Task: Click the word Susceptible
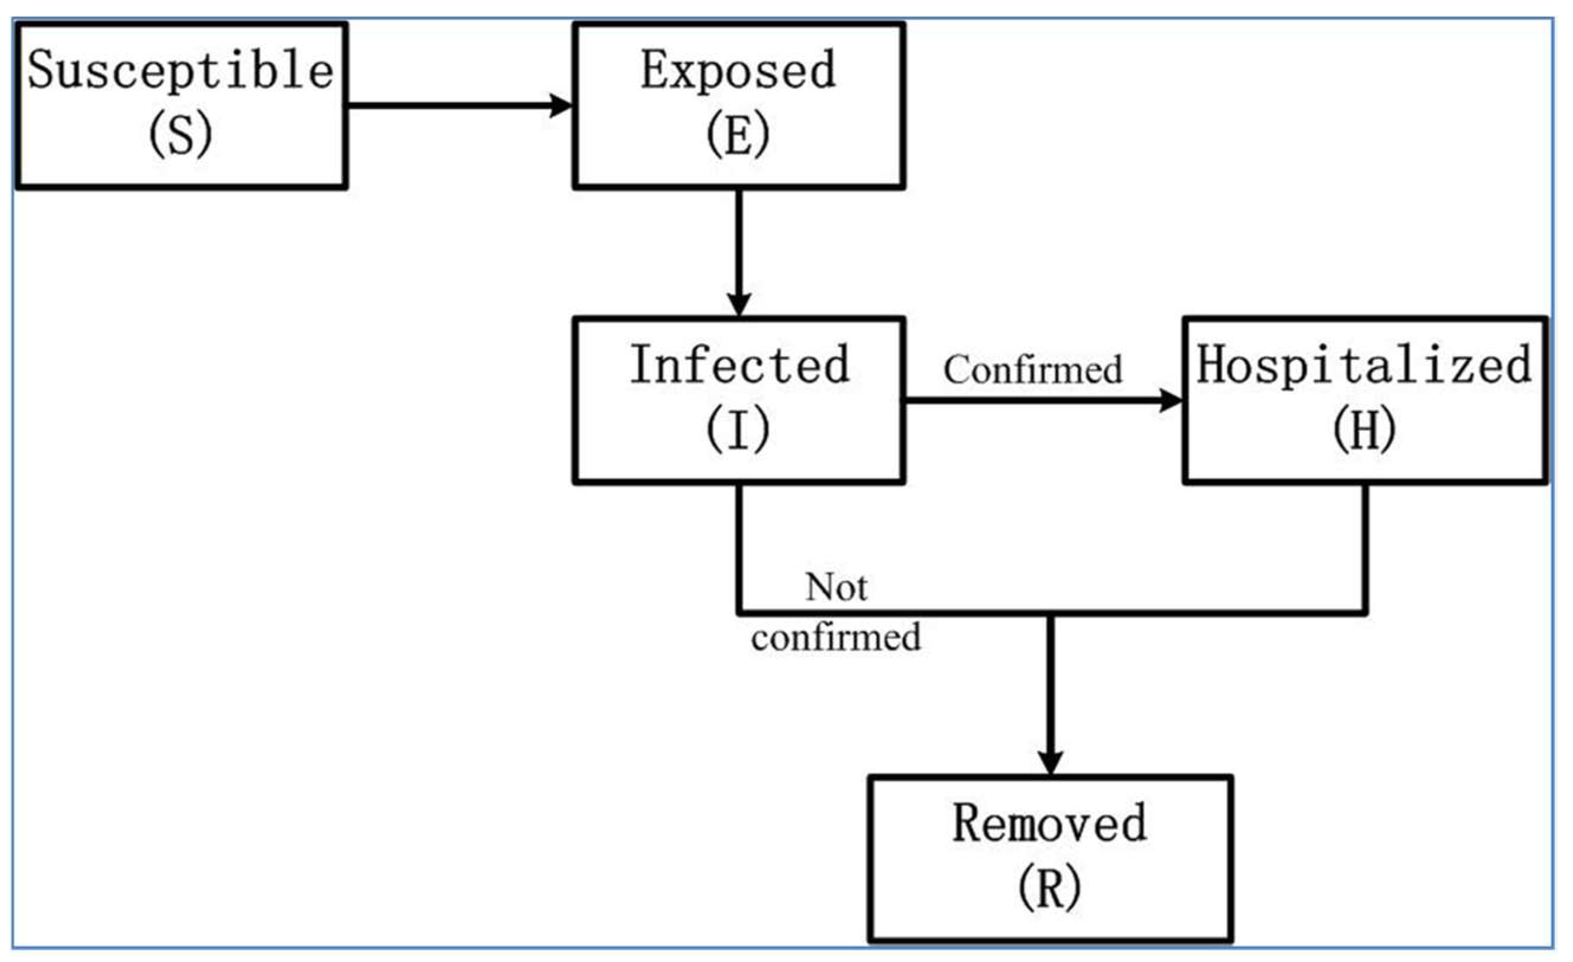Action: click(x=180, y=70)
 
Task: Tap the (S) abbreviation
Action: click(x=180, y=135)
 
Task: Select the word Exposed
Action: click(x=739, y=70)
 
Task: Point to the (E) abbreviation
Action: click(x=739, y=135)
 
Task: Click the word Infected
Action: click(x=740, y=365)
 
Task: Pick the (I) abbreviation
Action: click(x=739, y=430)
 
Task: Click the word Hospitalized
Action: click(x=1364, y=365)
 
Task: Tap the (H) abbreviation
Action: click(x=1364, y=430)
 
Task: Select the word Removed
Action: click(x=1050, y=824)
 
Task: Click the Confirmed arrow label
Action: click(x=1033, y=370)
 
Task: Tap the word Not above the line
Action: click(x=837, y=587)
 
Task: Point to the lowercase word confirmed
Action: click(x=836, y=638)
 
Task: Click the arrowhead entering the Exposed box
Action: click(x=561, y=105)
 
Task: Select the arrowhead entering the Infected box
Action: click(x=739, y=304)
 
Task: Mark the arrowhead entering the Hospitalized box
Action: click(x=1171, y=401)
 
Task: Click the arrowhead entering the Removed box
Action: click(x=1051, y=763)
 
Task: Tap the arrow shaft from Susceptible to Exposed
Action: click(x=447, y=105)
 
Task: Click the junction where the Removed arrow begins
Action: click(x=1051, y=614)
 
